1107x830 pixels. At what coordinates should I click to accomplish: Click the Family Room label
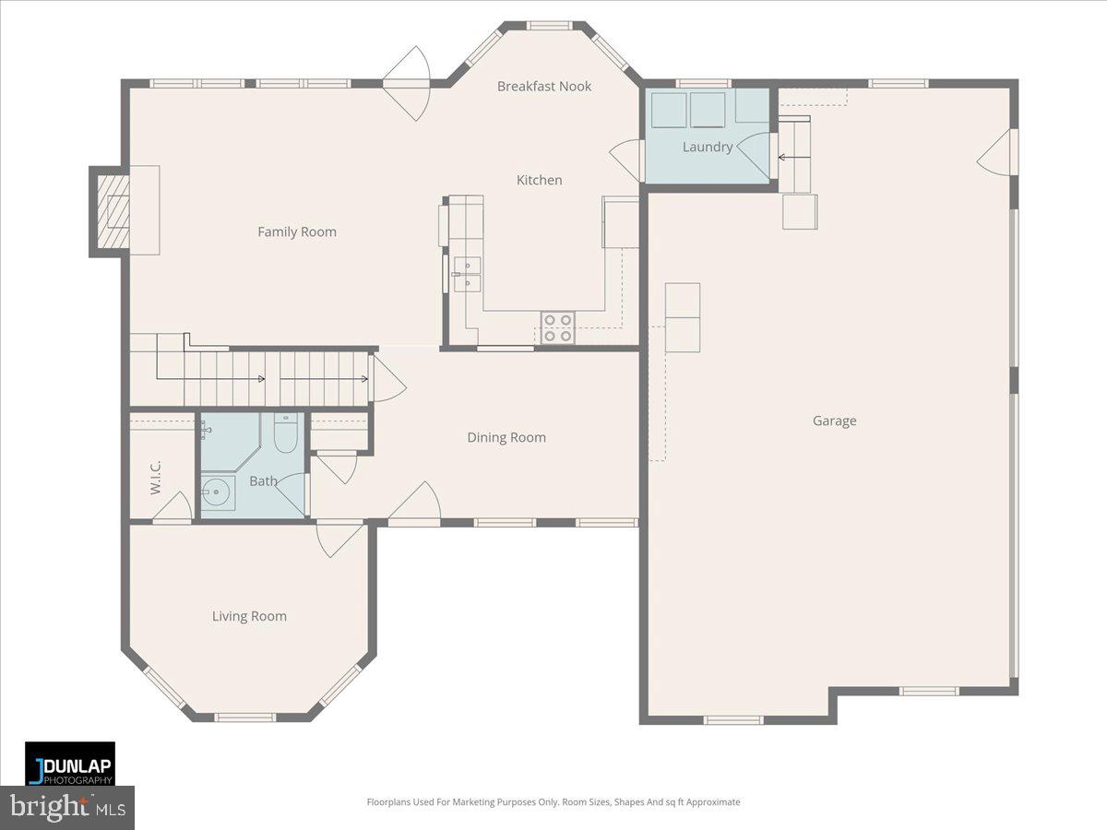coord(297,232)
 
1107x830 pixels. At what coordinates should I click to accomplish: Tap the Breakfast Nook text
coord(544,87)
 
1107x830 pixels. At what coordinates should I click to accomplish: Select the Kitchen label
coord(539,181)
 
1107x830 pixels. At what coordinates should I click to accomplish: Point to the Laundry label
coord(708,148)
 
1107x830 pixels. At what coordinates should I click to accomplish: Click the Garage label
coord(834,421)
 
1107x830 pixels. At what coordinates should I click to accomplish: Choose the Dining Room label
coord(506,438)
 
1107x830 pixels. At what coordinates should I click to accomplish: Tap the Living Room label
coord(249,617)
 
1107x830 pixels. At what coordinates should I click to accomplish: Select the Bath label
coord(263,481)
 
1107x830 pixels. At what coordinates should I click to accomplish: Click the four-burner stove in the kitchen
coord(557,328)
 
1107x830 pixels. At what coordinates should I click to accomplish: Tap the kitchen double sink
coord(467,273)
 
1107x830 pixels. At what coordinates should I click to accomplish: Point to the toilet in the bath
coord(286,433)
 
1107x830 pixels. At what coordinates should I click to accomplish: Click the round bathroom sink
coord(218,492)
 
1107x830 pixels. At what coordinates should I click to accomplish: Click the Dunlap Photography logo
coord(70,764)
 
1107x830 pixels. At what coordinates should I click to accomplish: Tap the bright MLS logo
coord(66,808)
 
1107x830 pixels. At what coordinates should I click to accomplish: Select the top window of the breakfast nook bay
coord(550,26)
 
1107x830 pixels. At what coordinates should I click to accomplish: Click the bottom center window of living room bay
coord(244,717)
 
